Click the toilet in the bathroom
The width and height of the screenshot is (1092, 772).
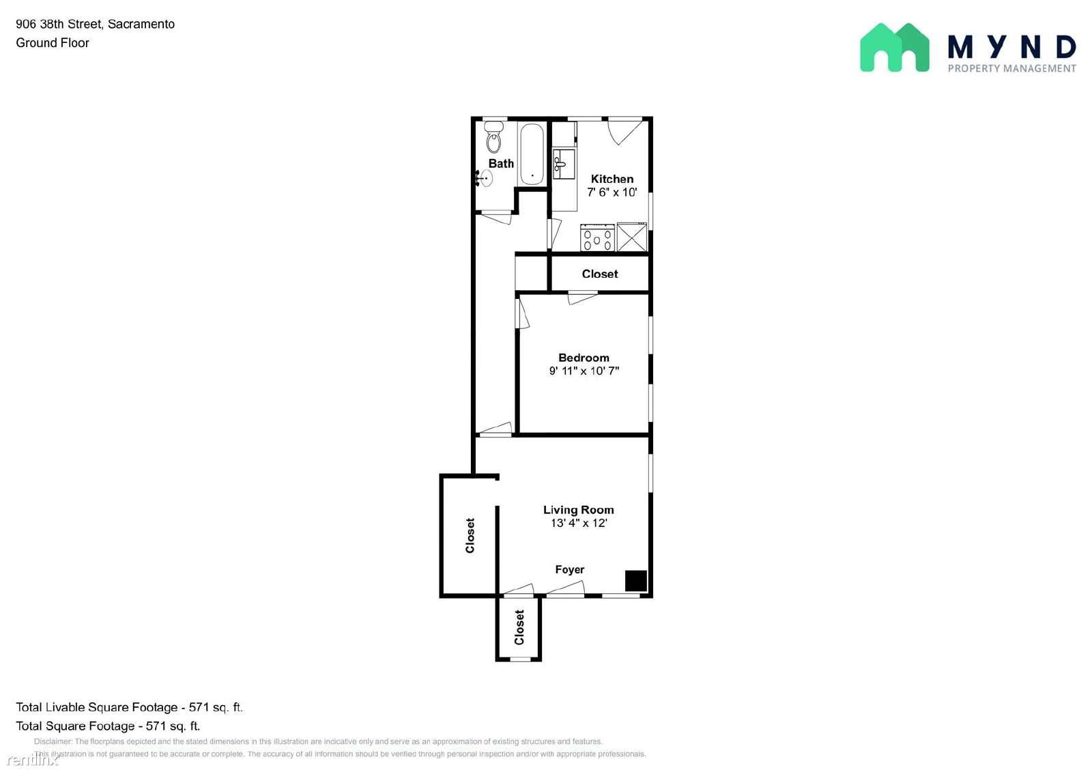(494, 137)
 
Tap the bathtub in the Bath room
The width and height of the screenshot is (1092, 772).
(532, 154)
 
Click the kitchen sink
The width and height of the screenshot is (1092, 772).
(564, 165)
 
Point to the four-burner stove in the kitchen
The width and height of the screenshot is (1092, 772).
(597, 238)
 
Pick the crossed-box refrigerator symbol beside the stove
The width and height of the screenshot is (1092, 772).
(632, 238)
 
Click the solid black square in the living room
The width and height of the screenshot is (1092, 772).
(636, 581)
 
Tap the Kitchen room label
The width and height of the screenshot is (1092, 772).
(612, 179)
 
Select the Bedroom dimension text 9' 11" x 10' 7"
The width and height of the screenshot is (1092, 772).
(584, 371)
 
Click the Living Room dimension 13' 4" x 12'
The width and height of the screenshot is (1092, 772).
(579, 523)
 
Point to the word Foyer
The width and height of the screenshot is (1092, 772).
(569, 569)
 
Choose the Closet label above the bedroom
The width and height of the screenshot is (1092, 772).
(600, 274)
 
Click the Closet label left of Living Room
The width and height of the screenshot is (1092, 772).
(470, 535)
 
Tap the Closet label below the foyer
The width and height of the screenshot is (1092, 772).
(519, 627)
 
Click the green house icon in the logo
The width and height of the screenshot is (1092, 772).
(895, 47)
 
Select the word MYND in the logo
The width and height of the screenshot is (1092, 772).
(1011, 47)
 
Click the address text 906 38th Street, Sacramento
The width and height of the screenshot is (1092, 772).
(95, 24)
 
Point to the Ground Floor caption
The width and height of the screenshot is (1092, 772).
(52, 43)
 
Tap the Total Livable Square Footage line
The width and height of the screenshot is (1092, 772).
(129, 707)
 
